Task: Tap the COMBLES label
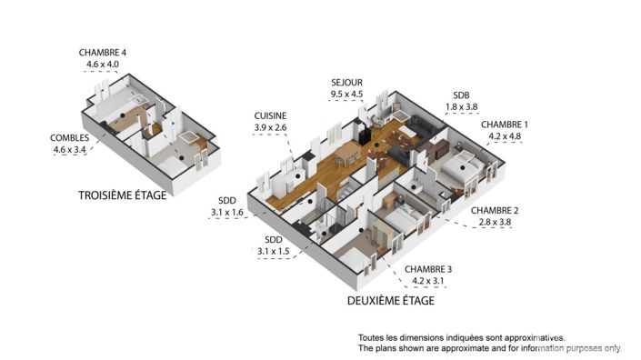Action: pos(69,138)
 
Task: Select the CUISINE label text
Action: pos(271,116)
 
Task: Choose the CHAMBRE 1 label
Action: pos(505,125)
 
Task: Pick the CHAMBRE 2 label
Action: pos(495,209)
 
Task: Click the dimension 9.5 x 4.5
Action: pos(347,94)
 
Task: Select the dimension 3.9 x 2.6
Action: pos(271,128)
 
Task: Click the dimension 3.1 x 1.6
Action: pos(226,213)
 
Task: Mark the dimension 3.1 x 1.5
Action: pos(271,252)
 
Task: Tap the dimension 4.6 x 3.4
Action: pos(69,150)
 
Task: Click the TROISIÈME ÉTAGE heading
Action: pos(122,195)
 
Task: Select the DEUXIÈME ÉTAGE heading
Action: pos(391,300)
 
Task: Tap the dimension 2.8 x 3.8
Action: pos(495,221)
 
